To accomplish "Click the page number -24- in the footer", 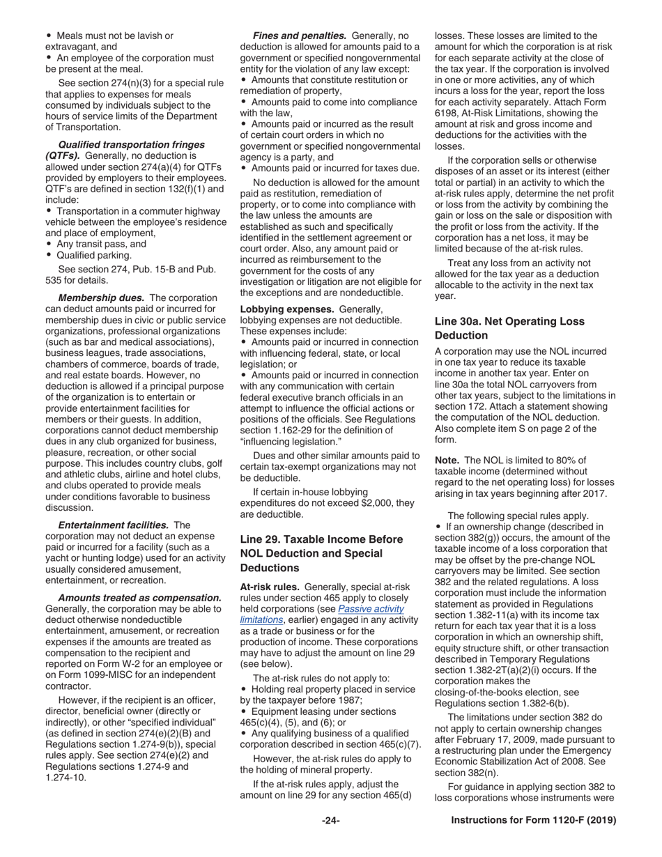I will [330, 821].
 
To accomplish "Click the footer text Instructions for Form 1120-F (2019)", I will [534, 821].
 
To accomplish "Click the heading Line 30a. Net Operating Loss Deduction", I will [509, 328].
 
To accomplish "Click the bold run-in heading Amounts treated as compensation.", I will [139, 598].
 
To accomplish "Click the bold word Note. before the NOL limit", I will [447, 460].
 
